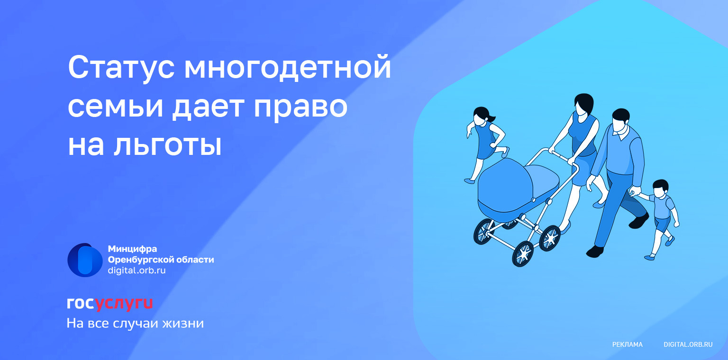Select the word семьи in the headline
click(115, 107)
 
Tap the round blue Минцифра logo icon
click(85, 260)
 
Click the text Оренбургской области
click(161, 260)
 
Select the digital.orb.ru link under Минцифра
click(137, 270)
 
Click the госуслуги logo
click(110, 304)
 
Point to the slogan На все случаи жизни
click(135, 323)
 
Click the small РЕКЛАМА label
click(627, 344)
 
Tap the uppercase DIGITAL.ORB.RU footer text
click(688, 344)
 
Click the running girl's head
click(482, 116)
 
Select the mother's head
click(584, 103)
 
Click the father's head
click(620, 120)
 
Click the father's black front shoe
click(595, 251)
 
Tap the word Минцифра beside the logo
click(132, 249)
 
